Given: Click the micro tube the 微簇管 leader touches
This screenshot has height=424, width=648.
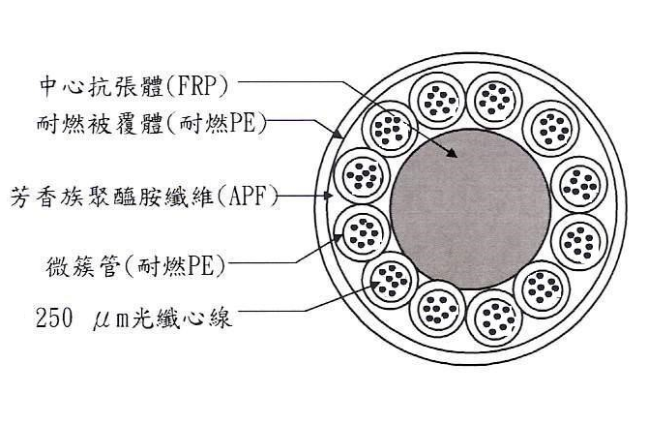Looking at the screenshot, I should coord(357,232).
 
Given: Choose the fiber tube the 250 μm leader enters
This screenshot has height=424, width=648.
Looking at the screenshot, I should coord(394,281).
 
